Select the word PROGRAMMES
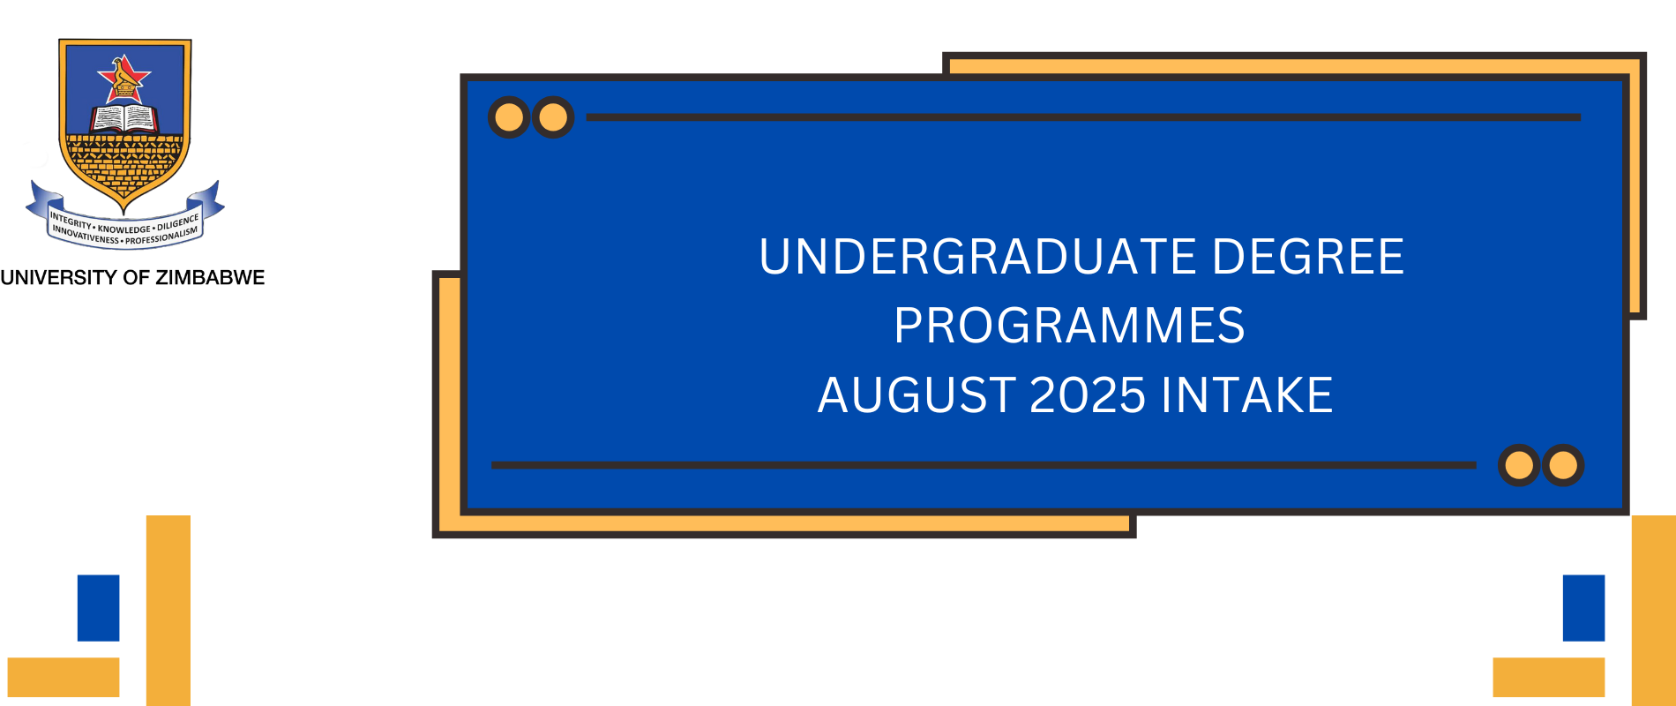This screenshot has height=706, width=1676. pyautogui.click(x=1069, y=326)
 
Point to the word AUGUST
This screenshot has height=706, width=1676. pyautogui.click(x=917, y=394)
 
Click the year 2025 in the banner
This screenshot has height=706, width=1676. pyautogui.click(x=1088, y=394)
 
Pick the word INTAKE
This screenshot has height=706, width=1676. pyautogui.click(x=1246, y=394)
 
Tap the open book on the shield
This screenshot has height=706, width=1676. pyautogui.click(x=124, y=118)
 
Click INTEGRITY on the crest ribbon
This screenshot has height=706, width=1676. pyautogui.click(x=71, y=220)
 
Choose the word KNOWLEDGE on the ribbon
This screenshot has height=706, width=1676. pyautogui.click(x=124, y=229)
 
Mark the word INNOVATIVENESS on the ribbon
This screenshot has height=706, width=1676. pyautogui.click(x=85, y=236)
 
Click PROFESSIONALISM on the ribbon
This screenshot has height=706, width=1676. pyautogui.click(x=161, y=237)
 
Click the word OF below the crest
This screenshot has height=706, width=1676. pyautogui.click(x=136, y=278)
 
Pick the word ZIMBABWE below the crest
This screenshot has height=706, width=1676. pyautogui.click(x=210, y=278)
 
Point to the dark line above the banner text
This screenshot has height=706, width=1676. pyautogui.click(x=1083, y=116)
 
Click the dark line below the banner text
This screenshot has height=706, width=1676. pyautogui.click(x=983, y=465)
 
